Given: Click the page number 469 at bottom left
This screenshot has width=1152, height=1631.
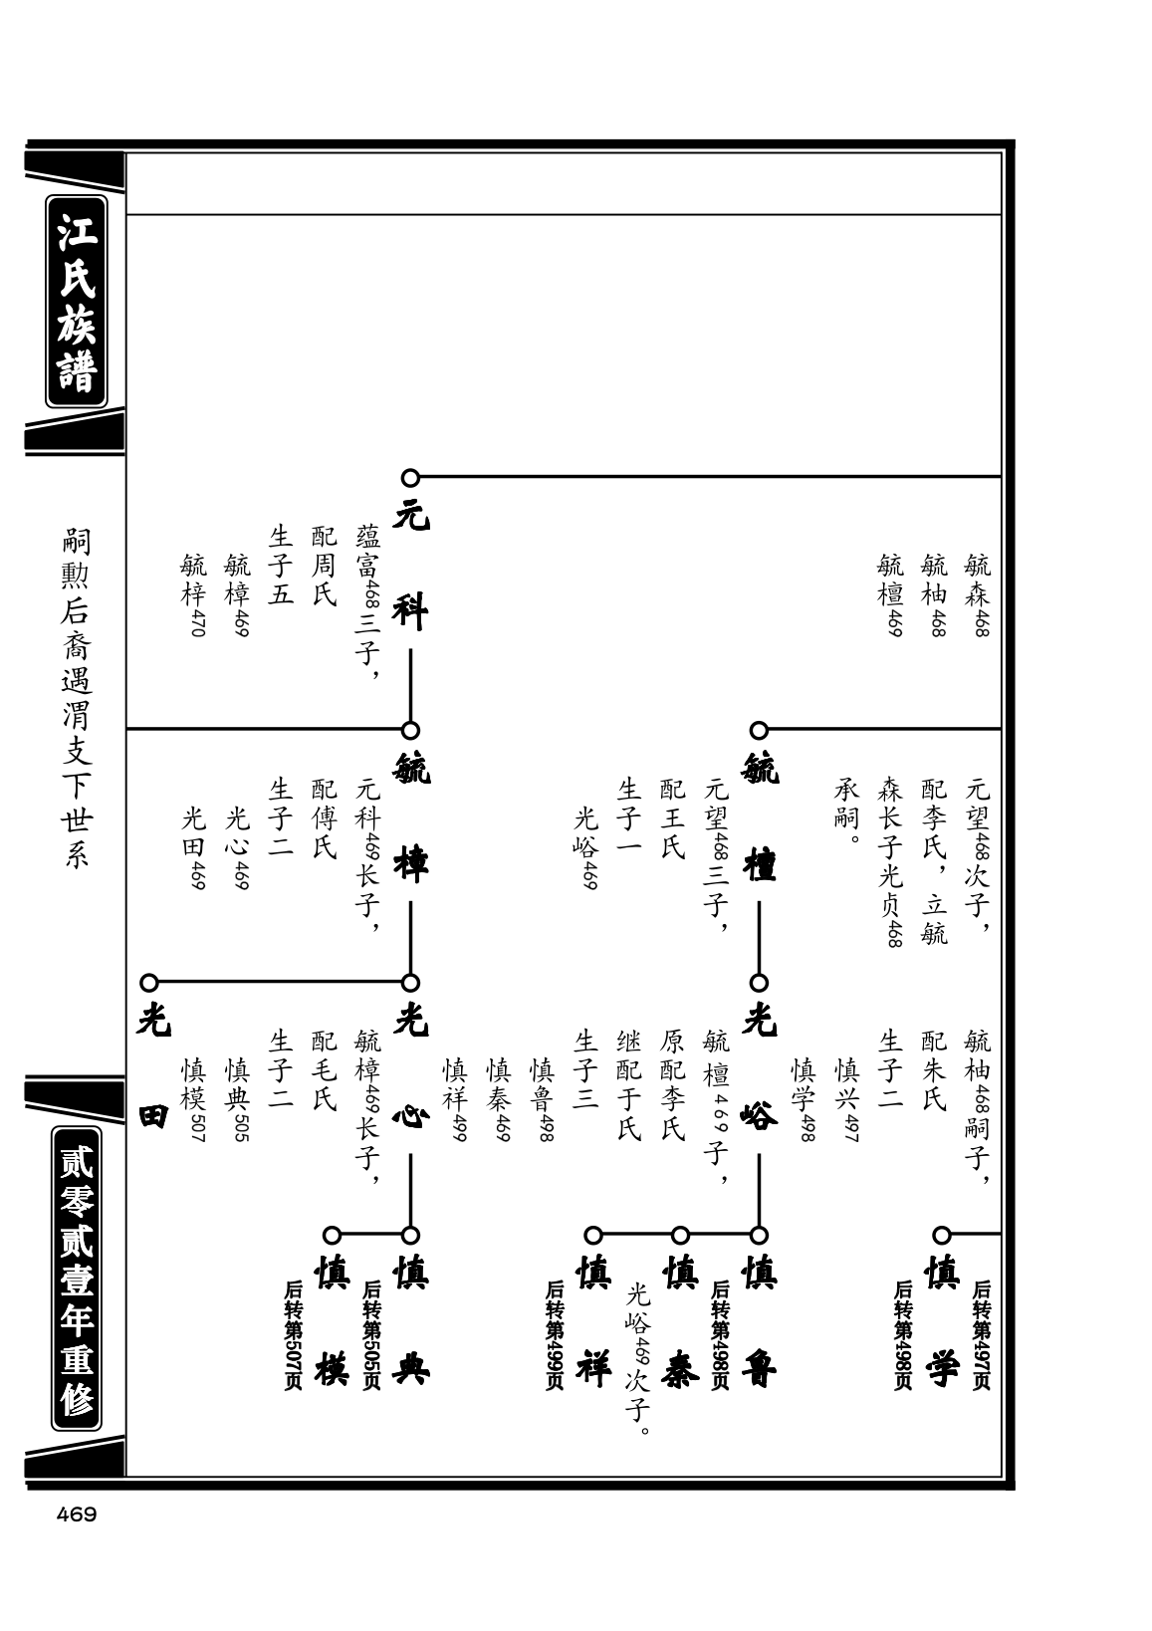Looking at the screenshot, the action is coord(77,1514).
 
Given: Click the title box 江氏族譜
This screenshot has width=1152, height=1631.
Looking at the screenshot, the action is coord(77,302).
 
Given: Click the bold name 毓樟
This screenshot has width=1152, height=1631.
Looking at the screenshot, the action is coord(410,816).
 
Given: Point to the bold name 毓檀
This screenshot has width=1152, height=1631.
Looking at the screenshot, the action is coord(760,816).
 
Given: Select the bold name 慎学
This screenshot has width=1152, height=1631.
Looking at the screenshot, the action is coord(942,1321).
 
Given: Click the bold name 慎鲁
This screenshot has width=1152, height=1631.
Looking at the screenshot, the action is coord(760,1321).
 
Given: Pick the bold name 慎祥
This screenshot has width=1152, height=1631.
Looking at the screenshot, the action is coord(593,1321).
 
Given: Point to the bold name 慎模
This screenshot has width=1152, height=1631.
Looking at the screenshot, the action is coord(332,1321).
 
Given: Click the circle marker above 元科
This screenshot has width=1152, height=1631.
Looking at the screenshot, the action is coord(410,478).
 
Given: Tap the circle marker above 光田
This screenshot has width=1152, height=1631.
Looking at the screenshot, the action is coord(149,983).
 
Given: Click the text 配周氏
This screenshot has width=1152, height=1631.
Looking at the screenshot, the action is coord(324,566).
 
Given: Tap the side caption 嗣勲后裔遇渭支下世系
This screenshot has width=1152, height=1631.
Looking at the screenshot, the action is coord(77,698).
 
